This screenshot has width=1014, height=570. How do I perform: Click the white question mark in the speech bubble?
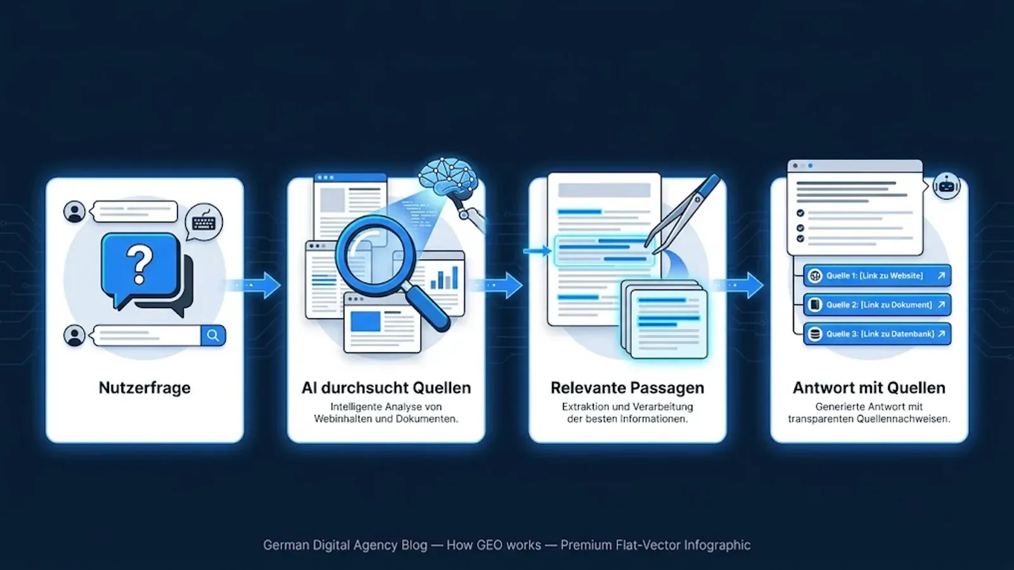click(x=139, y=264)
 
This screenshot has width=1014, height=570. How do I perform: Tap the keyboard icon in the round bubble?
click(x=203, y=222)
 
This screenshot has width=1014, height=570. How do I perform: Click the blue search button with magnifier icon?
click(x=213, y=336)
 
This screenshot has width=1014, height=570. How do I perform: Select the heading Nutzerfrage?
click(x=144, y=388)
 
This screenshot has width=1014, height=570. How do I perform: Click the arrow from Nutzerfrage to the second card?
click(x=253, y=285)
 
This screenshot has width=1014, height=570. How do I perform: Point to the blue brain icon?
click(x=447, y=177)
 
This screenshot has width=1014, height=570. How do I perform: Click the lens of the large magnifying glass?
click(x=375, y=256)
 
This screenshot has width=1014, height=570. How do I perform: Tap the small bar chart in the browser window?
click(x=444, y=277)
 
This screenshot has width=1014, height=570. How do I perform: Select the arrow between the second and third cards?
click(x=496, y=285)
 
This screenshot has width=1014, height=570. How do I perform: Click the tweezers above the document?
click(x=682, y=213)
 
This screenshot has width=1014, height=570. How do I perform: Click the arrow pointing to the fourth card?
click(x=737, y=285)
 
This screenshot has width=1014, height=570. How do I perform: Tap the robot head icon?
click(x=947, y=186)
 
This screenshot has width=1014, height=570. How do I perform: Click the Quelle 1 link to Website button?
click(x=877, y=275)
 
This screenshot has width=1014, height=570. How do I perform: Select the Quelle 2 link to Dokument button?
click(x=877, y=305)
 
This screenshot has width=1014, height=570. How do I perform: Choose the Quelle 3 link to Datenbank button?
click(x=877, y=334)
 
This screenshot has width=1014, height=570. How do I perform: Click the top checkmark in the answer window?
click(x=800, y=213)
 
